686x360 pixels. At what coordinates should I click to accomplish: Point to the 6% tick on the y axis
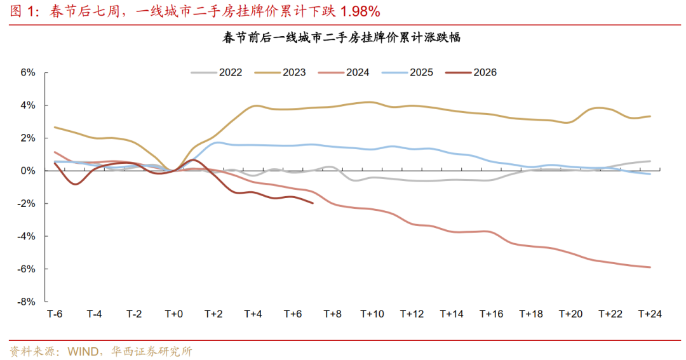tap(27, 72)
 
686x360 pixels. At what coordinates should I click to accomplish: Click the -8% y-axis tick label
tap(26, 302)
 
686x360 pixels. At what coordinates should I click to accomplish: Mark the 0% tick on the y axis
tap(27, 171)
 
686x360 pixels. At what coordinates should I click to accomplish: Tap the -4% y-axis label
tap(26, 236)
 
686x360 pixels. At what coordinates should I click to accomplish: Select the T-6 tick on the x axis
tap(55, 314)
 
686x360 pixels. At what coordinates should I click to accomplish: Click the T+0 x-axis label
tap(173, 314)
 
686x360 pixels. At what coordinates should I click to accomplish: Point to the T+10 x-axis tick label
tap(372, 314)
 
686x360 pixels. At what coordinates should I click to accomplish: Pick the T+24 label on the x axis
tap(650, 314)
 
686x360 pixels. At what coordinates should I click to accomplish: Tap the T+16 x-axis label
tap(491, 314)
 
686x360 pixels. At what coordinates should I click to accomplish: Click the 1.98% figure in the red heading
tap(361, 11)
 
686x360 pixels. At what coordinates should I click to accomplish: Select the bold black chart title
tap(342, 38)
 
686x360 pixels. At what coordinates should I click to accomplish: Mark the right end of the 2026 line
tap(313, 203)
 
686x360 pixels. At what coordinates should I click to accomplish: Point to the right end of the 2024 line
tap(650, 267)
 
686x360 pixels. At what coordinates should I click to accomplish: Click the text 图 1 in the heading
tap(22, 11)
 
